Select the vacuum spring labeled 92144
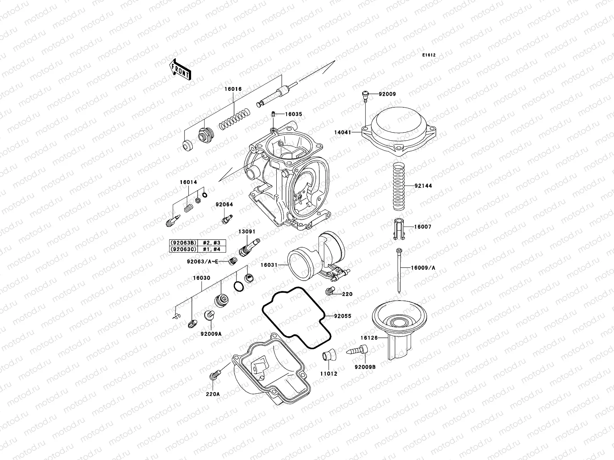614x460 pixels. (x=399, y=186)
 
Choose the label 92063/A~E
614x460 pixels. (x=202, y=262)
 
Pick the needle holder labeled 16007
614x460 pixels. (x=399, y=229)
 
